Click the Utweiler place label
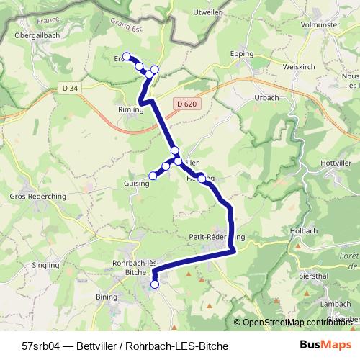(209, 12)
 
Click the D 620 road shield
(185, 104)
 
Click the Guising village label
(136, 184)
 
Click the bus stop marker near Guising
(153, 175)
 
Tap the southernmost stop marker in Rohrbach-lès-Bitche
(155, 284)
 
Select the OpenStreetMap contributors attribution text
(299, 322)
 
